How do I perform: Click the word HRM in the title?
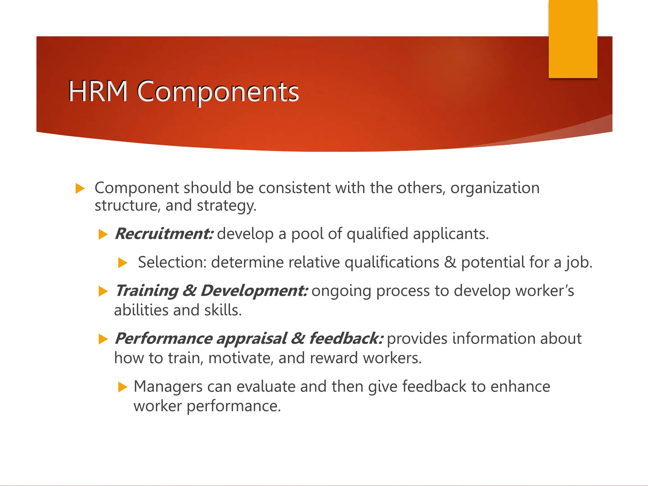(x=98, y=91)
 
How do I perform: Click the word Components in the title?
(x=218, y=92)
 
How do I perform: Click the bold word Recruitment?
(x=164, y=234)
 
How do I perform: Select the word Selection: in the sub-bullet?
(x=172, y=262)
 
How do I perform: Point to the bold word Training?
(x=147, y=291)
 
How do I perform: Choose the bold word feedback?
(x=346, y=338)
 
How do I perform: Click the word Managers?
(x=168, y=386)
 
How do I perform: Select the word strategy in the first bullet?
(x=226, y=206)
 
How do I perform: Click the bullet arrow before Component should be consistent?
(x=80, y=189)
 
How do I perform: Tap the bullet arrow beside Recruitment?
(x=103, y=234)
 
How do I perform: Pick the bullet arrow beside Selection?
(x=122, y=263)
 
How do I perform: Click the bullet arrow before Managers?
(x=122, y=387)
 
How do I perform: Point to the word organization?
(x=495, y=188)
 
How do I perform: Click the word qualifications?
(x=392, y=262)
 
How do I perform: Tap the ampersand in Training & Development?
(x=190, y=291)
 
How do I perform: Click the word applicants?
(x=451, y=234)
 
